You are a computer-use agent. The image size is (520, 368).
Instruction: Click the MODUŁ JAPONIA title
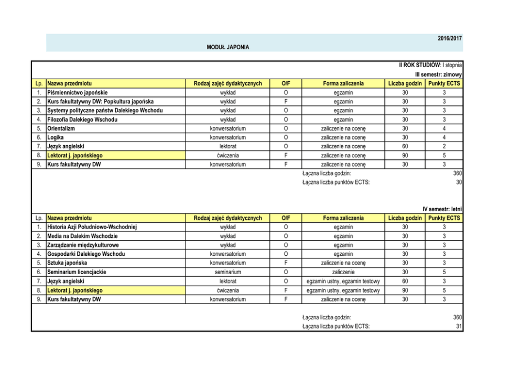pos(228,47)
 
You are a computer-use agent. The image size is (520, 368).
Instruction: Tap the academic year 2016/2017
pos(450,39)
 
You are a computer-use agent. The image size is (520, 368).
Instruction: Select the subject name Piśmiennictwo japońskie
pos(78,92)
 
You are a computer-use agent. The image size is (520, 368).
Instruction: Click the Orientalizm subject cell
pos(62,128)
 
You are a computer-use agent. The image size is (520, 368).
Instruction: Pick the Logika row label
pos(56,137)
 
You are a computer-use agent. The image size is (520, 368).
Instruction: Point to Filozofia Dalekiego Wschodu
pos(82,120)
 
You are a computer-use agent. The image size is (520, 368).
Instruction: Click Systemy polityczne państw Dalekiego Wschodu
pos(105,111)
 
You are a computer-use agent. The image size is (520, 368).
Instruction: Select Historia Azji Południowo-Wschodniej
pos(92,227)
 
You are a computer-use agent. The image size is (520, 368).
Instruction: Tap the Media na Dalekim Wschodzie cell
pos(82,236)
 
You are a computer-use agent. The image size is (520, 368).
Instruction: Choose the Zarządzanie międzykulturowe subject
pos(83,245)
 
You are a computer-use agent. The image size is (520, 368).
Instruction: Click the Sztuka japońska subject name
pos(67,263)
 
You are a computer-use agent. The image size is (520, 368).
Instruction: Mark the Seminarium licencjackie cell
pos(77,272)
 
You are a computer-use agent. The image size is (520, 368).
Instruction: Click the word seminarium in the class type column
pos(227,272)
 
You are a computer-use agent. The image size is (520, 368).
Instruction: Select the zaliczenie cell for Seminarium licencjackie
pos(343,272)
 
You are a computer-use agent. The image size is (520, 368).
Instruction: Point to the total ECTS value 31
pos(458,326)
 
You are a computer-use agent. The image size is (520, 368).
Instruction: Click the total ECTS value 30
pos(458,182)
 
